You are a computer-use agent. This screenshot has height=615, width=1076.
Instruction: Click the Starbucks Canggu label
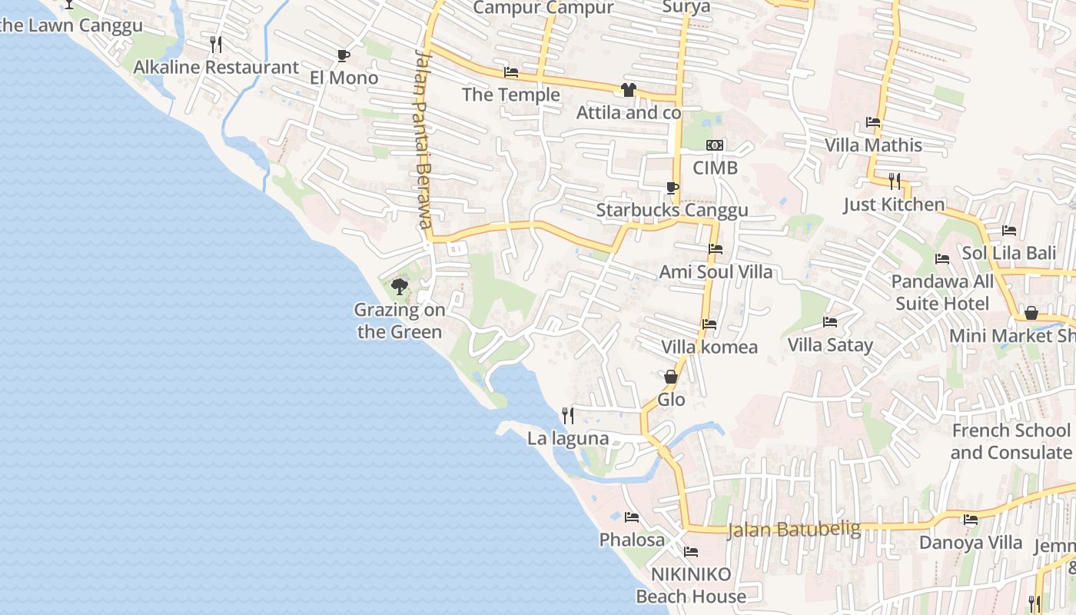tap(672, 211)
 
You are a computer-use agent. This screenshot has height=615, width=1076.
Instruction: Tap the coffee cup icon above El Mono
tap(343, 55)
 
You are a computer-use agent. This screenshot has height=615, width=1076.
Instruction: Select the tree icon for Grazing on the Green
tap(399, 288)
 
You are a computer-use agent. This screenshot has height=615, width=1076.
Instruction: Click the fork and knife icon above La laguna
tap(568, 416)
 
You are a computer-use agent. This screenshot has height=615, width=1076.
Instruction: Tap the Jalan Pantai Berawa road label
tap(423, 138)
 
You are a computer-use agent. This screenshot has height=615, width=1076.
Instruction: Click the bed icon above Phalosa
tap(632, 517)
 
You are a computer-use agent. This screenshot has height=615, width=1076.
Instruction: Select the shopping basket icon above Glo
tap(671, 377)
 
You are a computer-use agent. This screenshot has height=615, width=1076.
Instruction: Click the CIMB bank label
tap(715, 168)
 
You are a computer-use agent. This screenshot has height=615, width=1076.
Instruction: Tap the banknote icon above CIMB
tap(715, 145)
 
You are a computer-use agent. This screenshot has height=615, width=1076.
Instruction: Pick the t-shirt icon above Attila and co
tap(629, 90)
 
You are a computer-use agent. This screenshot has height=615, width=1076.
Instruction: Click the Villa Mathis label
tap(873, 145)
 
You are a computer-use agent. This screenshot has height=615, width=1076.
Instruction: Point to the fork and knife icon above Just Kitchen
tap(894, 181)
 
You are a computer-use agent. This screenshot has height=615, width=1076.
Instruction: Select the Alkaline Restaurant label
tap(216, 68)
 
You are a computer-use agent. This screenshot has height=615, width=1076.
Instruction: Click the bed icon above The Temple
tap(511, 73)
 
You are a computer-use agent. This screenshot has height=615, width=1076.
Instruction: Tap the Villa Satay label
tap(830, 345)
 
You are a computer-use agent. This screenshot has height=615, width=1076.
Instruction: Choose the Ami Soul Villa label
tap(716, 272)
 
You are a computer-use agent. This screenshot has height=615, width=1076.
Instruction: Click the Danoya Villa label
tap(971, 543)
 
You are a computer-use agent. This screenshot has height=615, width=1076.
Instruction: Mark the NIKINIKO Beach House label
tap(691, 585)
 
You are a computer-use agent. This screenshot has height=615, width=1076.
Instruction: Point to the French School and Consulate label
tap(1011, 441)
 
